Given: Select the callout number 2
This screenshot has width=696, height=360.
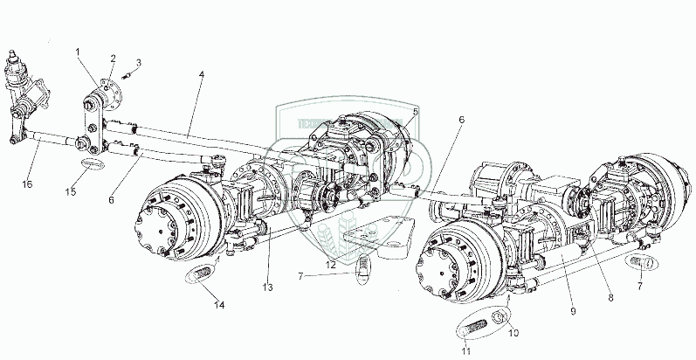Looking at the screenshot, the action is [x=113, y=58].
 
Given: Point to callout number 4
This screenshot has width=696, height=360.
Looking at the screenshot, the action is [x=202, y=76].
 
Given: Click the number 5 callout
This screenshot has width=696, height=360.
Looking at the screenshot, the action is [x=416, y=111].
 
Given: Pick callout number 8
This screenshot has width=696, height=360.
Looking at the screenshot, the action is [x=610, y=297].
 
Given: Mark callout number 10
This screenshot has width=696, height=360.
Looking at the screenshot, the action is [x=513, y=332].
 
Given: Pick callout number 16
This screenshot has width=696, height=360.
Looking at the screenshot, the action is [x=27, y=185].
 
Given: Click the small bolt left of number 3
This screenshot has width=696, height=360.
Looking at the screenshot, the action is [x=125, y=73].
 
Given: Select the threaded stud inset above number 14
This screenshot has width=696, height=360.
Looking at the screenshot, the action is [x=200, y=275].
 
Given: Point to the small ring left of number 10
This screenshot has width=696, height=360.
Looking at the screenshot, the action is [x=500, y=316].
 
